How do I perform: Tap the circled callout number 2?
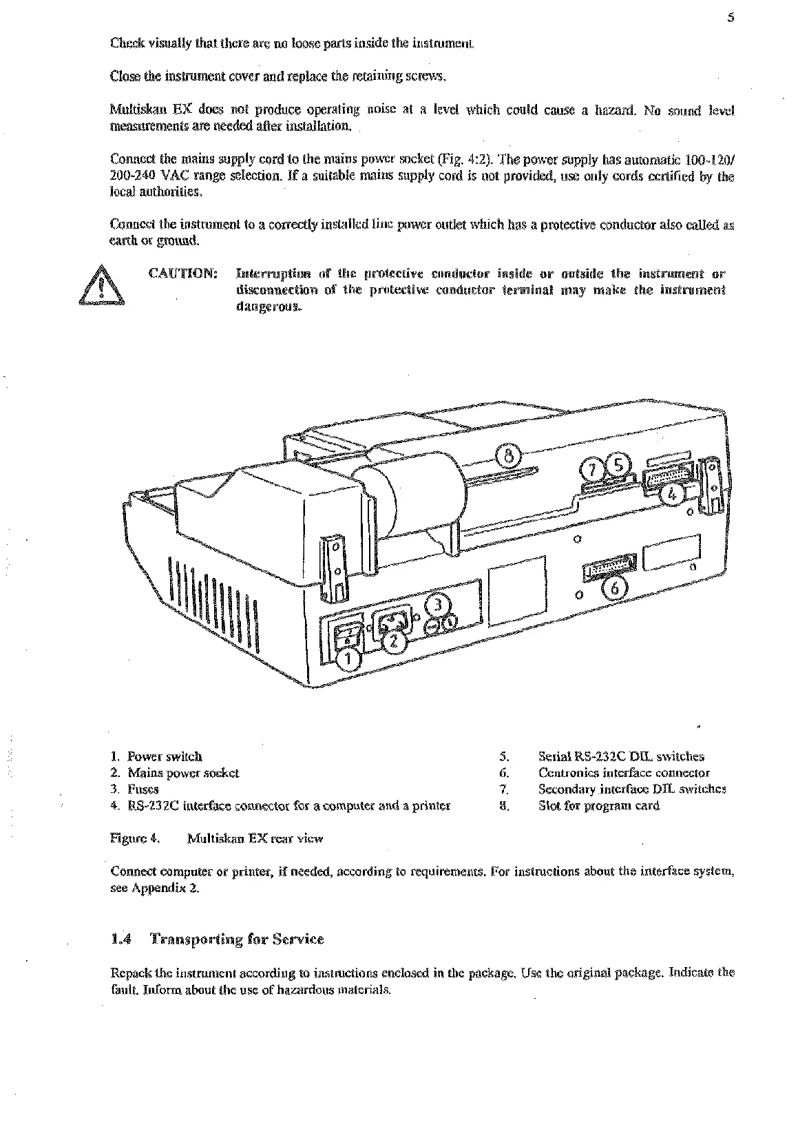(394, 640)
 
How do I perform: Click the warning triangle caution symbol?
(102, 284)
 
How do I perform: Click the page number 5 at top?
(731, 20)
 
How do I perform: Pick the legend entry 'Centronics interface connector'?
(624, 773)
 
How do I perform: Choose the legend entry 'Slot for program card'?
(599, 806)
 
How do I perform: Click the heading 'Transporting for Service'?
(237, 940)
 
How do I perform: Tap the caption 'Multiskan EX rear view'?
(255, 839)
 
